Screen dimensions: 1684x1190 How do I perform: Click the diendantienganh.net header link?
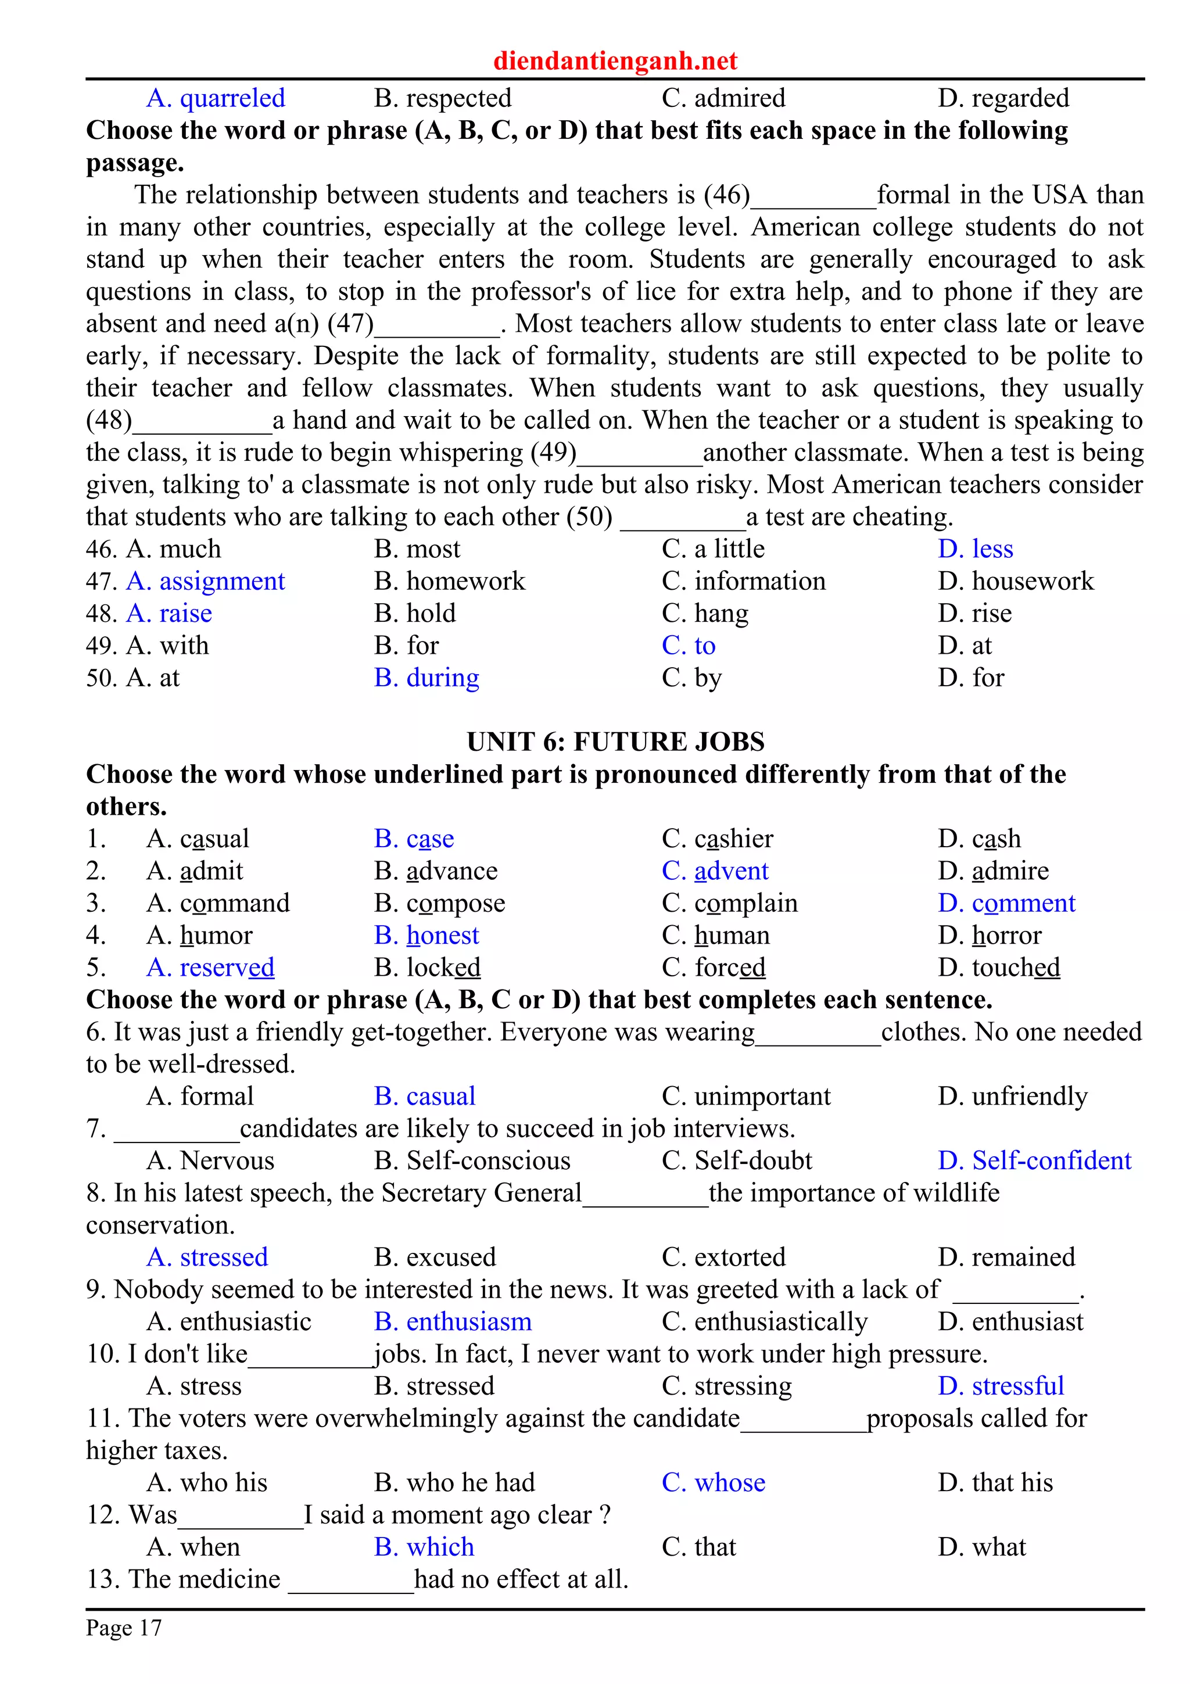click(x=615, y=60)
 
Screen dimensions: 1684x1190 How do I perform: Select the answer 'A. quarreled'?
click(x=216, y=98)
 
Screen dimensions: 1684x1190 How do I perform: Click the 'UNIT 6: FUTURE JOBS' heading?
click(x=615, y=741)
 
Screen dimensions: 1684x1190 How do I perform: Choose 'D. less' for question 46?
click(x=975, y=549)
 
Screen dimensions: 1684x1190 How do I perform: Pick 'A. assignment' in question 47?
click(x=205, y=581)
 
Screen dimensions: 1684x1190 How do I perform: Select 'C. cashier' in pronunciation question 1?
click(x=717, y=839)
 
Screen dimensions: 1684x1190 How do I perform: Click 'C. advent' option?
click(x=715, y=870)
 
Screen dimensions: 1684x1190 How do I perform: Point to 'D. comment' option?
click(x=1006, y=903)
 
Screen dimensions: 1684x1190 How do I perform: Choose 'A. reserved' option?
click(x=210, y=968)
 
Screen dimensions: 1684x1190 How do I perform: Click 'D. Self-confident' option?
click(x=1034, y=1160)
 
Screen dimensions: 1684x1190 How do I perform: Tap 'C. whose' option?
click(x=713, y=1482)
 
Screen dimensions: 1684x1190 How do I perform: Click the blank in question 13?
click(x=350, y=1581)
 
